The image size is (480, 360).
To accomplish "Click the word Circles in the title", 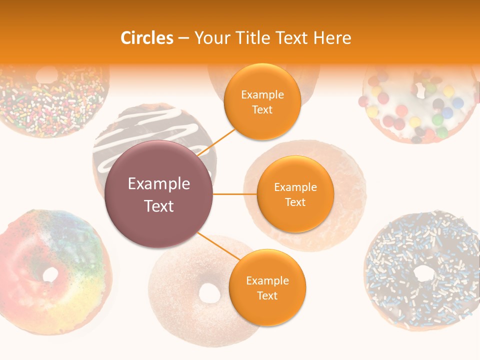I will pyautogui.click(x=147, y=38).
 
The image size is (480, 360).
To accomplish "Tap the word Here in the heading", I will pyautogui.click(x=332, y=38).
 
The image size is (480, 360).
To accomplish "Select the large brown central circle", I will pyautogui.click(x=159, y=194).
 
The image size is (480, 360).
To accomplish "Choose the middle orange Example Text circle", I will pyautogui.click(x=295, y=194).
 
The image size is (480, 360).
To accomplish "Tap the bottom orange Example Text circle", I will pyautogui.click(x=267, y=288).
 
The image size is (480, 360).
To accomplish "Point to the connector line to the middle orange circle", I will pyautogui.click(x=234, y=194).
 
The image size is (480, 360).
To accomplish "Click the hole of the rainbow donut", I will pyautogui.click(x=50, y=274).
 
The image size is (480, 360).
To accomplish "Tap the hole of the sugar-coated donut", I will pyautogui.click(x=209, y=293).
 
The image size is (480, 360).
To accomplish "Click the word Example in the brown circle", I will pyautogui.click(x=159, y=184).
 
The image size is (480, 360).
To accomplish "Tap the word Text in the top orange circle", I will pyautogui.click(x=262, y=110).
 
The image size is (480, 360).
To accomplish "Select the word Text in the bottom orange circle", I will pyautogui.click(x=267, y=296).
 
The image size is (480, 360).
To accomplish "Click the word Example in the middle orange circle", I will pyautogui.click(x=295, y=187).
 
